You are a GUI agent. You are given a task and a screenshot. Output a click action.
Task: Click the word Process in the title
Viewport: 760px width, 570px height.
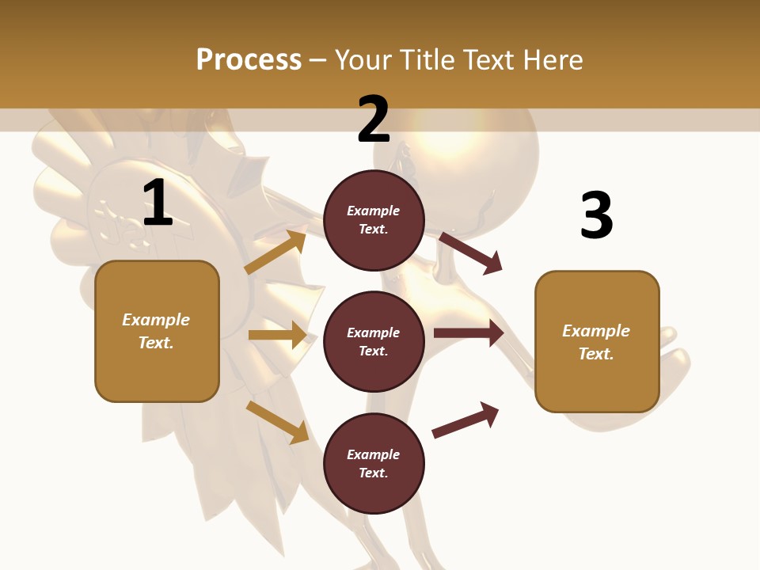[x=249, y=60]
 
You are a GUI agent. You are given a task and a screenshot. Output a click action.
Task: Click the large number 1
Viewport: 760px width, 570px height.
[x=158, y=203]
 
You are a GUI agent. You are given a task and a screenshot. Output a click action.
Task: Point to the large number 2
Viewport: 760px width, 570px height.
[x=374, y=120]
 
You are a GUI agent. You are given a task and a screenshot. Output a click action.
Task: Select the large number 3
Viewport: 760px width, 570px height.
[x=596, y=215]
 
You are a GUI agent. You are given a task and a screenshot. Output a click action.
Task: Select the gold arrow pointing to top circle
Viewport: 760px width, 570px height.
[x=275, y=253]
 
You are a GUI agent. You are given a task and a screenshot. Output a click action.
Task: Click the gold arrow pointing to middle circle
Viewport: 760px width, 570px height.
[x=277, y=335]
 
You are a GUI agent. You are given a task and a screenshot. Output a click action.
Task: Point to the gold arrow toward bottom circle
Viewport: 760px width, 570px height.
[x=277, y=421]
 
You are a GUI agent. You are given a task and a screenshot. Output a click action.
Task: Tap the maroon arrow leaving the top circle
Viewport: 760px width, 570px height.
[x=471, y=253]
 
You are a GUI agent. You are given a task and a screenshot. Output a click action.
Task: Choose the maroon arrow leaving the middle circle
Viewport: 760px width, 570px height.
[x=468, y=333]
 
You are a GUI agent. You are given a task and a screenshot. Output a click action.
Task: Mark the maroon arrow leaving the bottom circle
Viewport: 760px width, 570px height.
[x=465, y=420]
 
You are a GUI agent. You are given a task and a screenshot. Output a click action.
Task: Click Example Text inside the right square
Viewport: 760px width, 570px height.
[x=596, y=342]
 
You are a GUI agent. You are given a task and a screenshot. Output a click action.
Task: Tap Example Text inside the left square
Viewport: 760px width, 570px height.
[x=156, y=331]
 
